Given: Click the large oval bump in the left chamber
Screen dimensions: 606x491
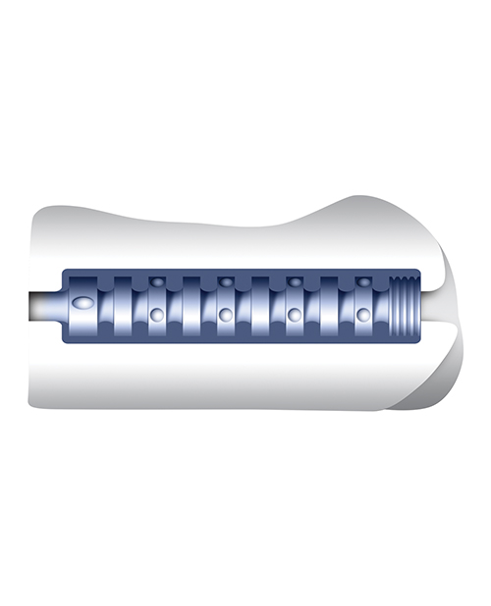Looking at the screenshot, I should tap(85, 305).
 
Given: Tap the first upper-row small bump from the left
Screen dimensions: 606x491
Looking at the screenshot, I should tap(156, 282).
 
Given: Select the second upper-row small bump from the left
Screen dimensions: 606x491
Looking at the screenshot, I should tap(225, 282).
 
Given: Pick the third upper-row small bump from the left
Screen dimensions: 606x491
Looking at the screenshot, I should tap(294, 282).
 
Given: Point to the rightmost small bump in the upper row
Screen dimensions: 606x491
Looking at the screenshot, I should tap(362, 282).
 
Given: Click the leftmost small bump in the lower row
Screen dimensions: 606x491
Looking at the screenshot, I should tap(156, 315).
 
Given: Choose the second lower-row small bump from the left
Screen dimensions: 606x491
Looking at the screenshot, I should tap(225, 315).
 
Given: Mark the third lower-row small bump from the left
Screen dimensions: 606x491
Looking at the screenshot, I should tap(294, 315).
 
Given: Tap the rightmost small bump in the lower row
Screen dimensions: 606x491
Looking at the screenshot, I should tap(362, 315).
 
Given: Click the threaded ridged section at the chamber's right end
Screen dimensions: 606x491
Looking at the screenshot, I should tap(405, 305).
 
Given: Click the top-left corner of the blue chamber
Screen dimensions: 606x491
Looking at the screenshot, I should tap(65, 272).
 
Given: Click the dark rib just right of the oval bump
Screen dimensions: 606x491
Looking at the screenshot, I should tap(123, 305).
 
